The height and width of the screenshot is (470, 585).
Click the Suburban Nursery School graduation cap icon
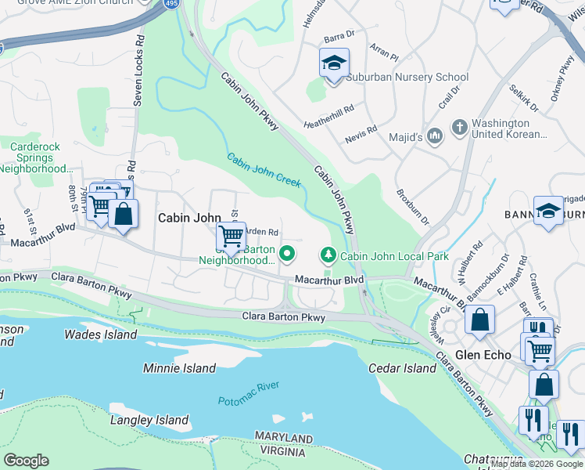click(334, 63)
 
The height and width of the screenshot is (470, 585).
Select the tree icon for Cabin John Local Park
click(328, 255)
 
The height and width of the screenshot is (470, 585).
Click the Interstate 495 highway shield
click(170, 5)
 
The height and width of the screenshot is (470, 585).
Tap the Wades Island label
click(100, 334)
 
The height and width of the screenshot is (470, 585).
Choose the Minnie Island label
click(179, 368)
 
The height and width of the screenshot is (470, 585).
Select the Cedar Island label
click(404, 368)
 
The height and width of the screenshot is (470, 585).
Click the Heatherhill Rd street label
click(329, 117)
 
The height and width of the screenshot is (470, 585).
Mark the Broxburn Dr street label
click(413, 206)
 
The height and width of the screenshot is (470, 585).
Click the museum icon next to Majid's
click(436, 136)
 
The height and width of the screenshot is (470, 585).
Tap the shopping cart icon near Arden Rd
click(231, 236)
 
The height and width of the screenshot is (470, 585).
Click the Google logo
click(26, 460)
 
